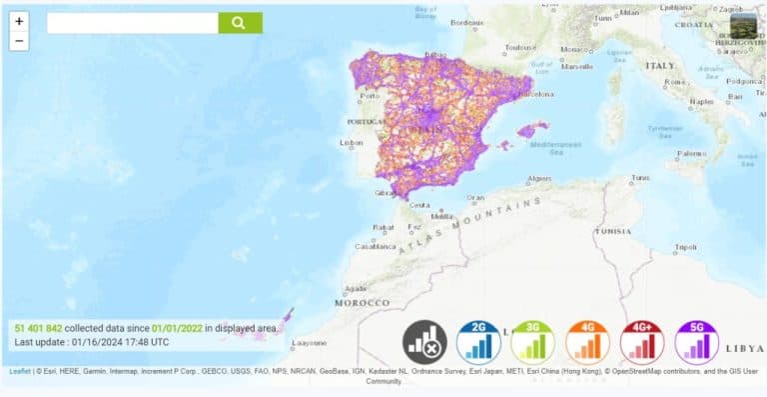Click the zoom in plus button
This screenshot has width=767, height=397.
(x=19, y=21)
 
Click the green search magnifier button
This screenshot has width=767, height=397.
(x=240, y=23)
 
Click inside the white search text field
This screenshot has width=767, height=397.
(x=132, y=23)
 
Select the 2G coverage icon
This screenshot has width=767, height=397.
(x=477, y=341)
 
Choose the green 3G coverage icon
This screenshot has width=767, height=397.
(x=532, y=341)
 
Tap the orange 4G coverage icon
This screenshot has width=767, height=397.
(x=587, y=341)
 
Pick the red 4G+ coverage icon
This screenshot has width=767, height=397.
(x=641, y=341)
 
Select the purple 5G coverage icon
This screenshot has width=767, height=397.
(x=696, y=341)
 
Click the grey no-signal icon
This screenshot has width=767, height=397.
(x=423, y=341)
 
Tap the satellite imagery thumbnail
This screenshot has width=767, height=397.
(x=744, y=26)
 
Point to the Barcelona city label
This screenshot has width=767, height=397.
(x=536, y=94)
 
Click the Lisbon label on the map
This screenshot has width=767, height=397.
(x=352, y=143)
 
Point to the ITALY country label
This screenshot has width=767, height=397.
(x=660, y=65)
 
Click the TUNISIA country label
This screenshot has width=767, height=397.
(x=611, y=230)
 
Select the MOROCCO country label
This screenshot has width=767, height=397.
(x=362, y=302)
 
